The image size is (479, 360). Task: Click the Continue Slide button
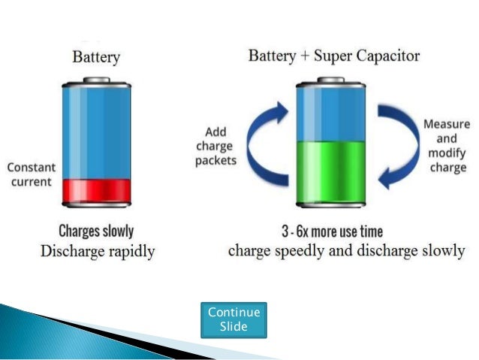[233, 319]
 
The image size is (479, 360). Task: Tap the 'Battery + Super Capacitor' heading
[334, 56]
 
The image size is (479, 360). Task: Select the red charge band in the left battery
[97, 190]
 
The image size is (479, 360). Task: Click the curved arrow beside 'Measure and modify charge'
[397, 146]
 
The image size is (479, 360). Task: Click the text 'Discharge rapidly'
[98, 251]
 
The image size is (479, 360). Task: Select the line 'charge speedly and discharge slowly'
[346, 251]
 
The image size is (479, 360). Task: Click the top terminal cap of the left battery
[96, 79]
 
